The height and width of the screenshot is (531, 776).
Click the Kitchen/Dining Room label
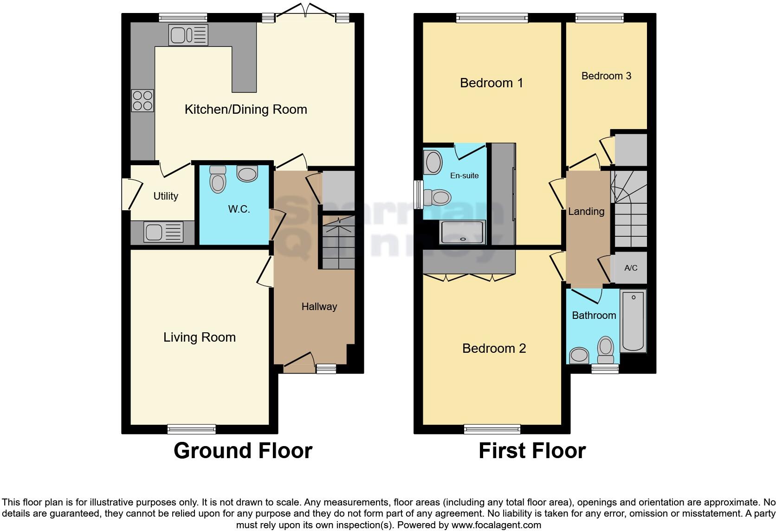(x=246, y=110)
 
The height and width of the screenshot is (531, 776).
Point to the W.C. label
(x=239, y=209)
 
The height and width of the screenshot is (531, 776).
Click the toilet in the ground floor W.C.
(x=217, y=179)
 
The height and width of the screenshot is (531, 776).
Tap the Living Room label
(x=199, y=337)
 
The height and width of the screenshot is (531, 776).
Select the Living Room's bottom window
(x=191, y=429)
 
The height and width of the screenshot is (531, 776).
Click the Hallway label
(x=319, y=307)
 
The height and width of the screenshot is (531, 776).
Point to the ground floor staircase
(x=338, y=243)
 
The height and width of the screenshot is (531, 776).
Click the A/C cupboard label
(x=631, y=268)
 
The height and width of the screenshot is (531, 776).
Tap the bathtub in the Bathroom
(x=633, y=321)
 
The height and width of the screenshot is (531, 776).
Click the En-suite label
(x=464, y=176)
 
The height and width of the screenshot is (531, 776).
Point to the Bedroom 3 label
(x=606, y=76)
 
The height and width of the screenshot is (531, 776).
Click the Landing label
(x=586, y=212)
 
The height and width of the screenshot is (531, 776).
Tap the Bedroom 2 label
(x=494, y=349)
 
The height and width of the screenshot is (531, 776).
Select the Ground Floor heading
(x=243, y=451)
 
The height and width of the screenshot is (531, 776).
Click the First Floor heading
(x=532, y=451)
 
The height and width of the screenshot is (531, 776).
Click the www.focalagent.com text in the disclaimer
(x=496, y=525)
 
